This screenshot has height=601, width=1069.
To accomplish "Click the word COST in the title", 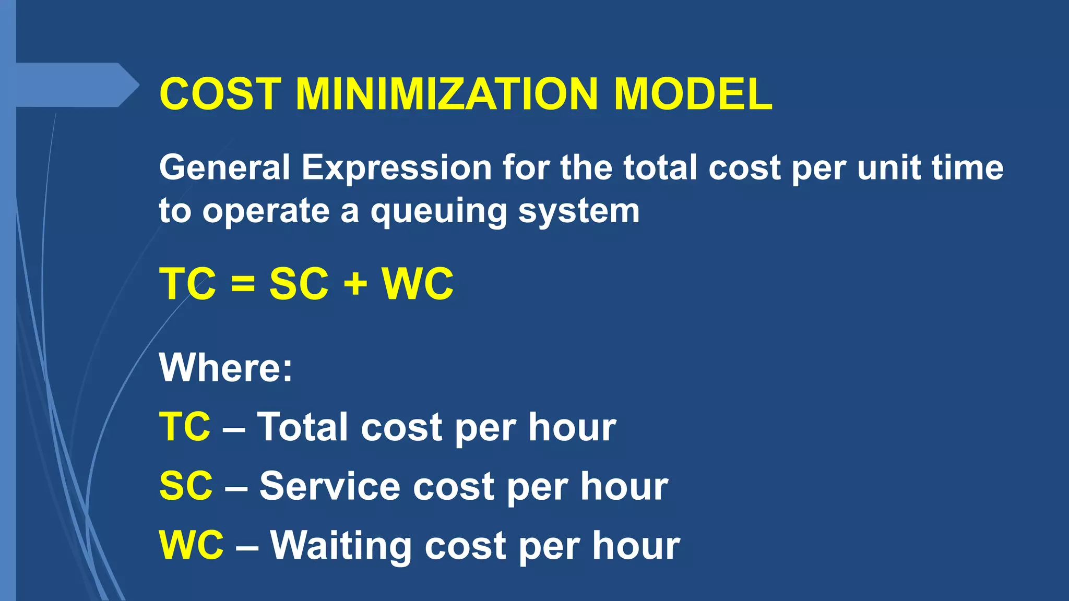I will (x=220, y=94).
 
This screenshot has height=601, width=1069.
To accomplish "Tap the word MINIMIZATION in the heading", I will (x=446, y=94).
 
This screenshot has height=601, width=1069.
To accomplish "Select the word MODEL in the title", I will (x=693, y=94).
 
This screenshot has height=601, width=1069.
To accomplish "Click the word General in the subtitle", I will (x=224, y=168).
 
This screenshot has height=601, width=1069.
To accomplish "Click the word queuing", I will (x=438, y=212).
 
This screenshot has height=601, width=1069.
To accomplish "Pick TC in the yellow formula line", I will (x=187, y=284).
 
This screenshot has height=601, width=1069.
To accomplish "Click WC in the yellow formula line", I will (x=418, y=284).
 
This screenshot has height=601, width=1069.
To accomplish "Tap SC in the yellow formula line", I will (x=299, y=284).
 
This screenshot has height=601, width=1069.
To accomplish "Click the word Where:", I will (x=225, y=368).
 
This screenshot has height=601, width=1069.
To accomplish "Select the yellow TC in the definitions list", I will (x=185, y=427).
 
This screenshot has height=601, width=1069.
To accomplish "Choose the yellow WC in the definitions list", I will (x=191, y=545).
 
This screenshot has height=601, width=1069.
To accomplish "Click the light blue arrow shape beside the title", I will (x=73, y=85).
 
